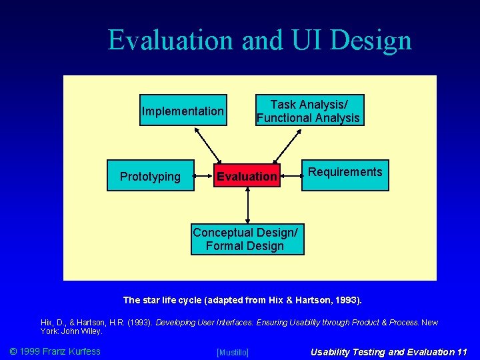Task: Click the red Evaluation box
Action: pyautogui.click(x=247, y=176)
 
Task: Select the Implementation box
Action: pyautogui.click(x=183, y=111)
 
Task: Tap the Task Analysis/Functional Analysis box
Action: pyautogui.click(x=308, y=111)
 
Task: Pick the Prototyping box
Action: pyautogui.click(x=150, y=176)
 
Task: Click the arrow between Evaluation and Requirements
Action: pyautogui.click(x=291, y=177)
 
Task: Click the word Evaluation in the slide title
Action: pyautogui.click(x=171, y=40)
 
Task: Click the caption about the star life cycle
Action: pyautogui.click(x=247, y=300)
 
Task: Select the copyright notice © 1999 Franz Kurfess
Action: pyautogui.click(x=54, y=351)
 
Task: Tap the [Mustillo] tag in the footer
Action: pyautogui.click(x=233, y=352)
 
